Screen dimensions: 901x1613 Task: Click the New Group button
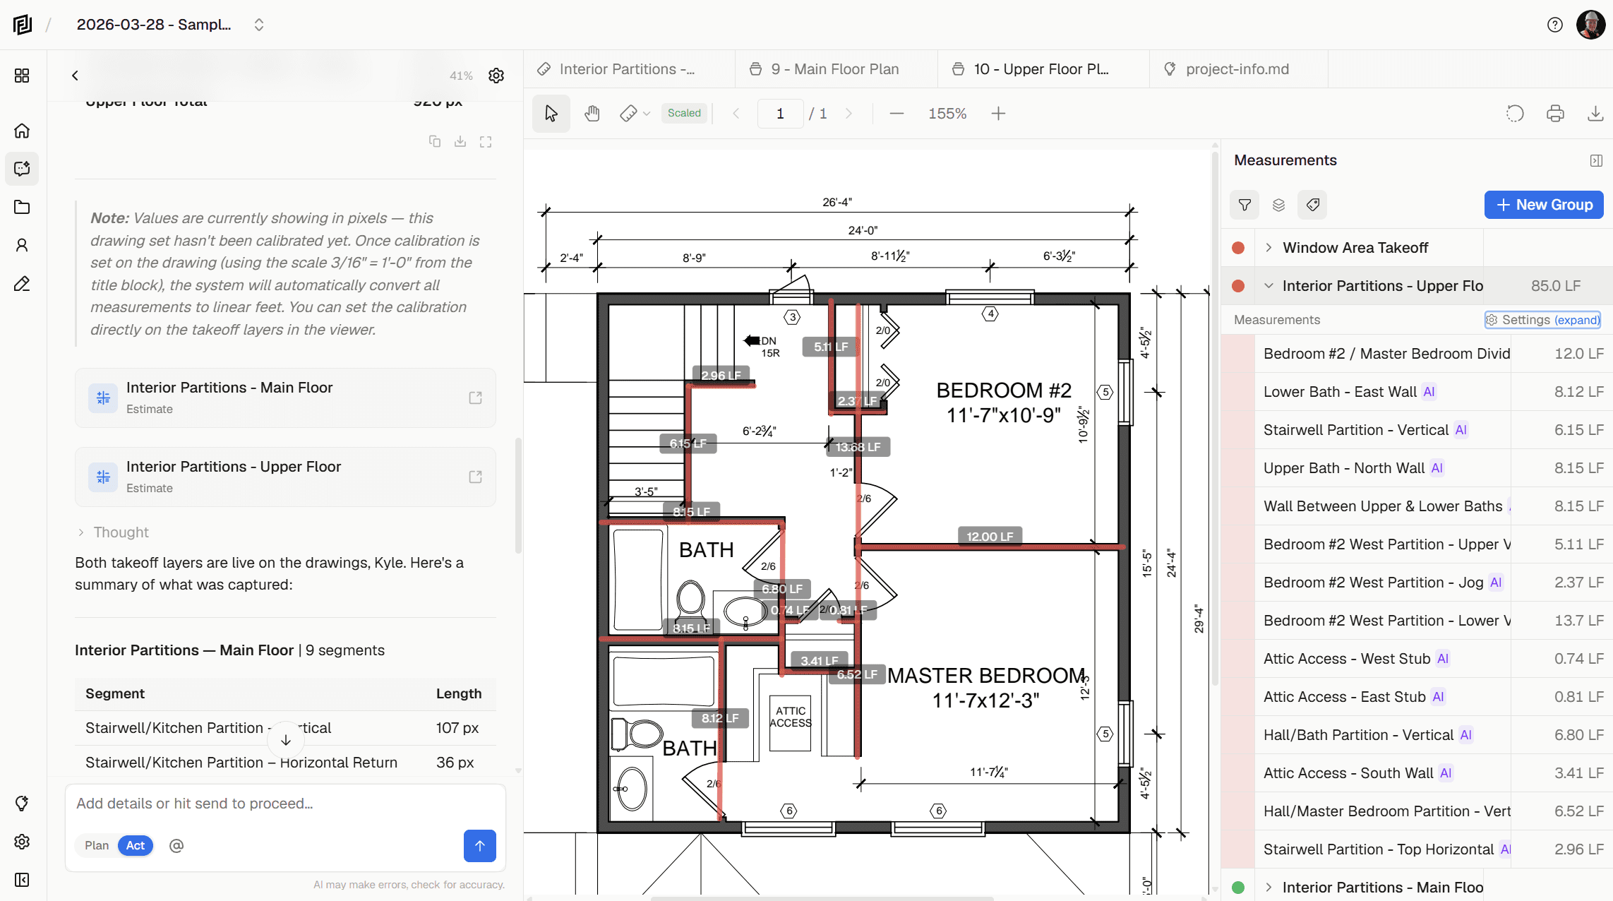(x=1543, y=205)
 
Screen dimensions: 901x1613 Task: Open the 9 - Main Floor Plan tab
(x=835, y=69)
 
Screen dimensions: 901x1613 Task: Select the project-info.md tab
(x=1237, y=69)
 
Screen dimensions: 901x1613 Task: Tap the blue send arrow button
(x=479, y=845)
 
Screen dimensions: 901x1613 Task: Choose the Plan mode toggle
(x=97, y=845)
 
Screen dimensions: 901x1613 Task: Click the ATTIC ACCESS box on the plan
(x=790, y=717)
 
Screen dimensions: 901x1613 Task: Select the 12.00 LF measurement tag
(x=990, y=537)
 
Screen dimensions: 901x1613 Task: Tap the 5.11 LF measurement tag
(x=830, y=347)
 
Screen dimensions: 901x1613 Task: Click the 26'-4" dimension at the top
(x=837, y=202)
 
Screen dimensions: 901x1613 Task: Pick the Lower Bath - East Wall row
(x=1340, y=392)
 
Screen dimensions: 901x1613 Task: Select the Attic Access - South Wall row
(x=1348, y=773)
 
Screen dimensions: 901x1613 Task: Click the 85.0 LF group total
(x=1555, y=286)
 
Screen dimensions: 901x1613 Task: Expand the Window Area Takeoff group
(x=1269, y=248)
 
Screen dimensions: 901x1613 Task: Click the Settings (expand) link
(x=1542, y=320)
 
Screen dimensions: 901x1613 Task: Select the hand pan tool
(x=592, y=114)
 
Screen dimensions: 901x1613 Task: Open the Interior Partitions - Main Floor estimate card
(x=285, y=398)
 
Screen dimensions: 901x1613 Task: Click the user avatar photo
(x=1590, y=25)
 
